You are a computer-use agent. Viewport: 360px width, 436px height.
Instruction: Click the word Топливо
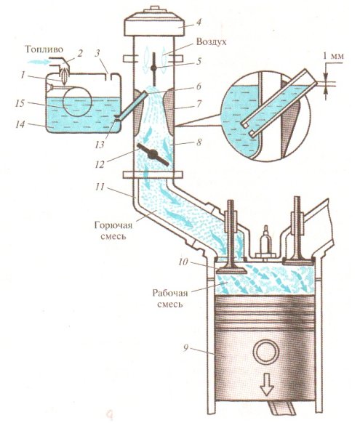tap(44, 49)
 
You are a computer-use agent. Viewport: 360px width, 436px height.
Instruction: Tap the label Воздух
tap(211, 42)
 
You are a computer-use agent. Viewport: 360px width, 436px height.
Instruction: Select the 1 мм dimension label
tap(333, 56)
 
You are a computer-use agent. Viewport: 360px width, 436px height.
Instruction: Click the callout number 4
tap(198, 23)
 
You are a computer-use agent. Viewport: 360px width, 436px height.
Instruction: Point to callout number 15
tap(20, 103)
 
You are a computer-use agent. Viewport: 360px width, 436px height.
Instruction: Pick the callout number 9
tap(186, 348)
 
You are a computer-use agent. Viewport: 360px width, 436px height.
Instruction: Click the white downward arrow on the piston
tap(266, 384)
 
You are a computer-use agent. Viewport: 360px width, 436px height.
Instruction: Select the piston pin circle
tap(267, 352)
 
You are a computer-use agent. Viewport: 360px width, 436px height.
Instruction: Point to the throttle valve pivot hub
tap(153, 154)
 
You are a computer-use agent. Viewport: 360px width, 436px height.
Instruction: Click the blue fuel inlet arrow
tap(37, 62)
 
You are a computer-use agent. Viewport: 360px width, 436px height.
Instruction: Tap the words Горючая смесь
tap(113, 230)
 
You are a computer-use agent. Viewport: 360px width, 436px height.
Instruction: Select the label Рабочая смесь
tap(170, 298)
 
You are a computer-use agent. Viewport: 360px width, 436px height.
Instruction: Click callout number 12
tap(100, 164)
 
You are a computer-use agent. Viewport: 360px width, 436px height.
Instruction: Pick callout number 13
tap(100, 145)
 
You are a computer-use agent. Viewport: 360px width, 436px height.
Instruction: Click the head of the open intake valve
tap(232, 270)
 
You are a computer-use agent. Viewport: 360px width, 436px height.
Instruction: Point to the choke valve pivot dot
tap(153, 68)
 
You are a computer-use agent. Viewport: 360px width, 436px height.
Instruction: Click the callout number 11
tap(100, 186)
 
